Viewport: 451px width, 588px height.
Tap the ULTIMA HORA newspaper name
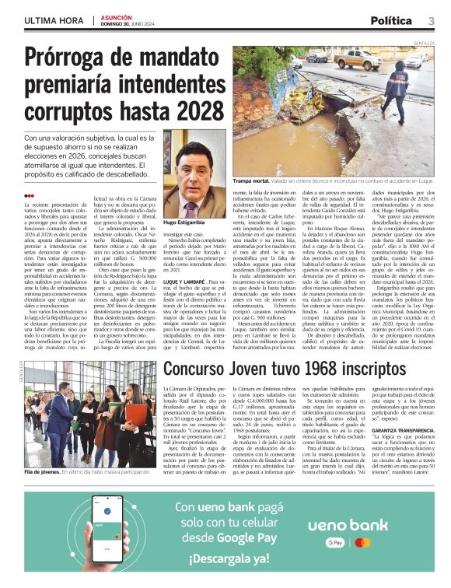click(54, 20)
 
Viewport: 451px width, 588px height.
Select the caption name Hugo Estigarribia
click(184, 222)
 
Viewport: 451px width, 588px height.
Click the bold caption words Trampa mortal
click(254, 181)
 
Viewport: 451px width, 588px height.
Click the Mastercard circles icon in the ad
click(360, 544)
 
